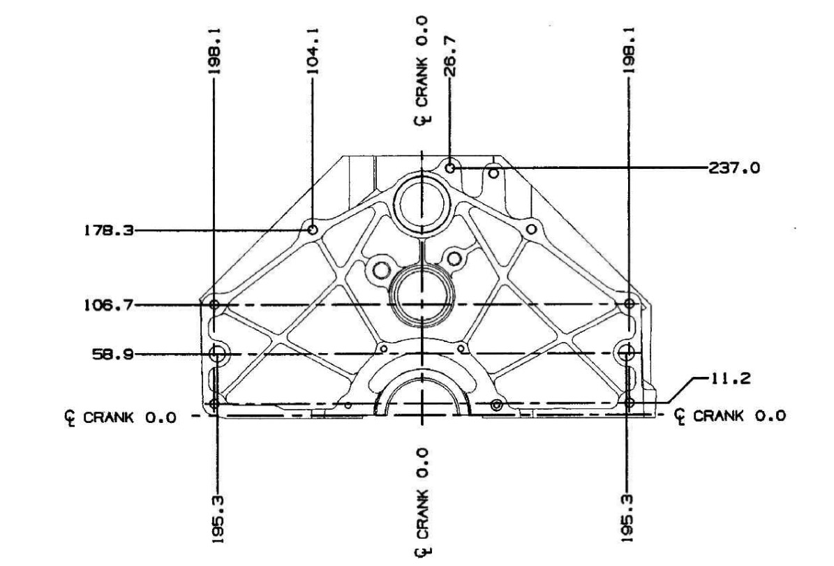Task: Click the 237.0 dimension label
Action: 734,168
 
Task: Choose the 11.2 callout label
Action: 730,380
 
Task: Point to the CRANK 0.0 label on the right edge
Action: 731,416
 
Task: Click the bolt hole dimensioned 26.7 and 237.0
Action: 451,168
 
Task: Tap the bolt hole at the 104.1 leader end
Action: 313,229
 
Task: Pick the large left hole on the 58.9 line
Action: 218,353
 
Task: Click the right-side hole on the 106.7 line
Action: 630,304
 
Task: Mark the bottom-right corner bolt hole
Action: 630,403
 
